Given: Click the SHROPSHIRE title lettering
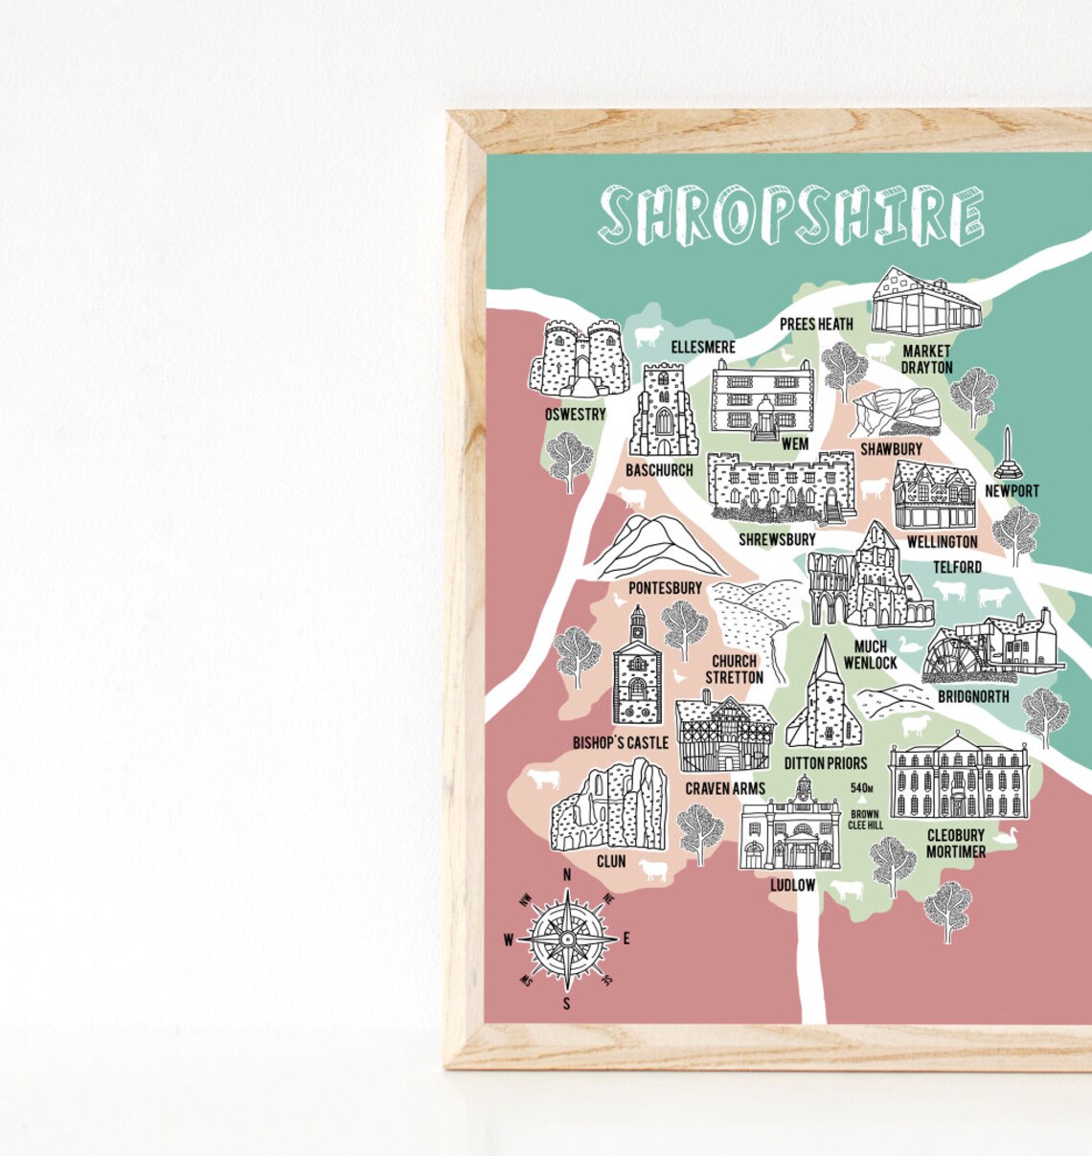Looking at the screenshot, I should point(791,214).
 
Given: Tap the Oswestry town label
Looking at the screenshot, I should point(575,415).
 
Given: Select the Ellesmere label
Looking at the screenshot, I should point(702,347).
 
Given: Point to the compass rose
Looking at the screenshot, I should point(567,940).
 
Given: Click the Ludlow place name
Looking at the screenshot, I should point(792,885).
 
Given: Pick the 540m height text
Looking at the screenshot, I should point(862,788).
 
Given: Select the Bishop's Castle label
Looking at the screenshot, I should point(620,742).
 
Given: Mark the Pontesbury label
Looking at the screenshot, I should point(665,587).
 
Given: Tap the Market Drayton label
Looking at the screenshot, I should point(926,359).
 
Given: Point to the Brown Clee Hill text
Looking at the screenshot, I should point(865,820).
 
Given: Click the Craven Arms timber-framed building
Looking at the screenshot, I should point(724,736).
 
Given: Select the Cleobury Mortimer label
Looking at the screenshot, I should point(955,843).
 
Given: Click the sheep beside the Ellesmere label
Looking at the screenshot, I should point(648,335).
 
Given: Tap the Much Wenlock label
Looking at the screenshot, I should point(870,654).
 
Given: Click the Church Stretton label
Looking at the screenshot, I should point(735,669).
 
